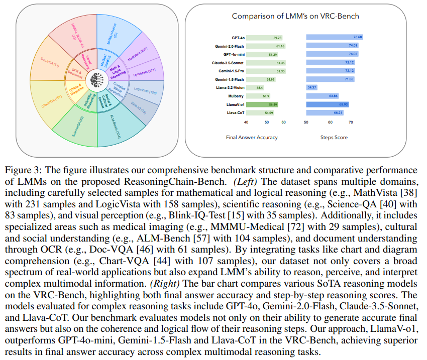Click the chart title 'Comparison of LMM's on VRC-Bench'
point(295,16)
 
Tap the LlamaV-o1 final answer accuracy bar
point(262,104)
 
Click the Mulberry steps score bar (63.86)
point(322,96)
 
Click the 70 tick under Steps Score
point(351,122)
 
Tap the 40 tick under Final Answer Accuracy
point(246,122)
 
